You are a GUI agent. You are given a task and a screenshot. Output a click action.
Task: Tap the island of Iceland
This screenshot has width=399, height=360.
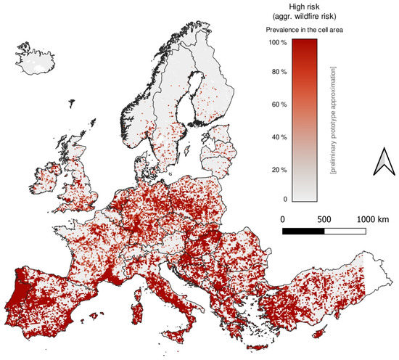click(x=36, y=61)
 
